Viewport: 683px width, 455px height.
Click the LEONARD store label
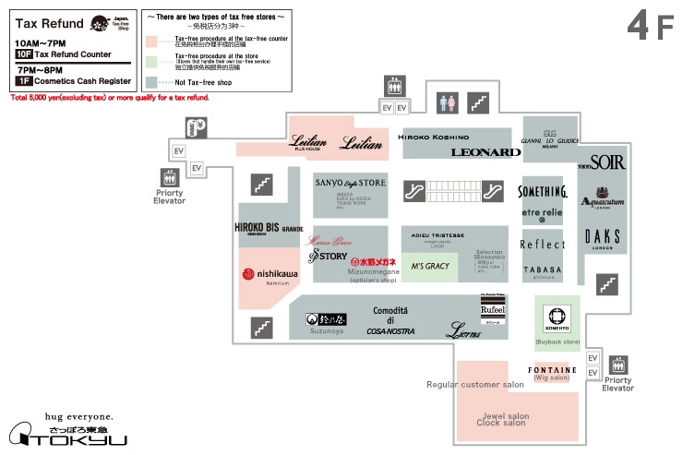486,152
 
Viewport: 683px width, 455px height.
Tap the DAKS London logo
603,236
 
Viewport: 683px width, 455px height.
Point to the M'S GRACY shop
430,267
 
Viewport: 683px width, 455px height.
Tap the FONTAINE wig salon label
553,370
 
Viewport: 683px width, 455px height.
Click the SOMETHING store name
542,192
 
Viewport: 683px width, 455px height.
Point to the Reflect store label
542,245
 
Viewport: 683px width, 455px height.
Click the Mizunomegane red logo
373,262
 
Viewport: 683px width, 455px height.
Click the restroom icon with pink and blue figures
447,100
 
